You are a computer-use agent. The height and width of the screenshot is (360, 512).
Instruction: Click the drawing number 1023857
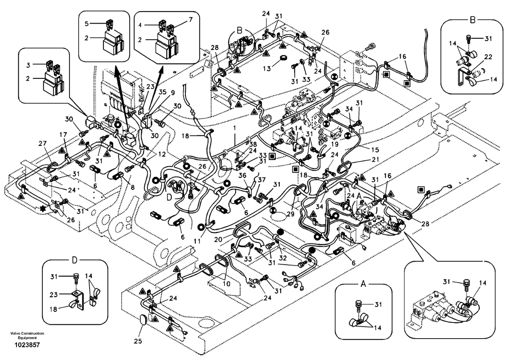click(x=27, y=345)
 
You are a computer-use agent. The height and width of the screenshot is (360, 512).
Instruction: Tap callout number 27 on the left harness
click(x=43, y=143)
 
